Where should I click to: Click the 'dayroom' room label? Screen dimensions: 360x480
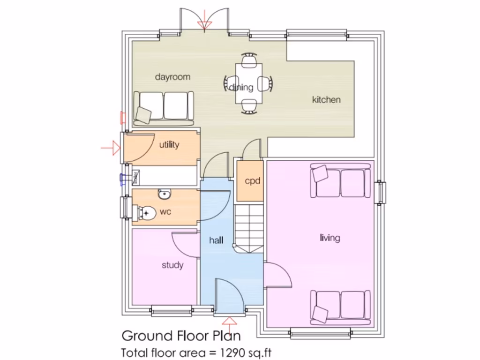173,77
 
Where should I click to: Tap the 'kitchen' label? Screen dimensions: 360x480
326,99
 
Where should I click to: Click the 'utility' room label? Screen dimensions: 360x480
169,145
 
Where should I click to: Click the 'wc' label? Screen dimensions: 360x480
165,212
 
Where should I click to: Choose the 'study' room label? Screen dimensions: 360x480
172,265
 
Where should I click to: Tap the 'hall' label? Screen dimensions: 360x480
216,240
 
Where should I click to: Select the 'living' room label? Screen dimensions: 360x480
330,238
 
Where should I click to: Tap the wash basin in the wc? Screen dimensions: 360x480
164,194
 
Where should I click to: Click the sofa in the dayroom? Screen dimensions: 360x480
164,107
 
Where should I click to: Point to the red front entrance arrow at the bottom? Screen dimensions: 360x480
230,322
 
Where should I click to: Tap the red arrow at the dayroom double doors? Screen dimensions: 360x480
204,24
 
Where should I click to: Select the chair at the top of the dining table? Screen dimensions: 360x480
249,59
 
